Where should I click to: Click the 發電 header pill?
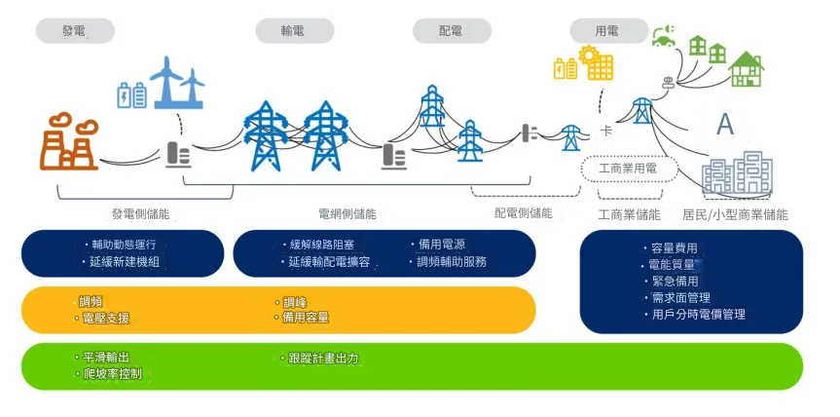tap(75, 31)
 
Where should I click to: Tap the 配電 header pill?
tap(452, 31)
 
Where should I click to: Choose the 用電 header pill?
tap(607, 31)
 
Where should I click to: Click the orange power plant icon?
tap(69, 143)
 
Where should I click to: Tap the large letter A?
tap(725, 125)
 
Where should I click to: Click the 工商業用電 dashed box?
tap(630, 169)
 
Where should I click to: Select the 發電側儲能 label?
tap(147, 213)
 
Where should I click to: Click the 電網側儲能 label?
tap(347, 213)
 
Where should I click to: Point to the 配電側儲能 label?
tap(524, 212)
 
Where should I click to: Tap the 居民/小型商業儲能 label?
tap(735, 214)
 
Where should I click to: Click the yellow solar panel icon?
tap(596, 64)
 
